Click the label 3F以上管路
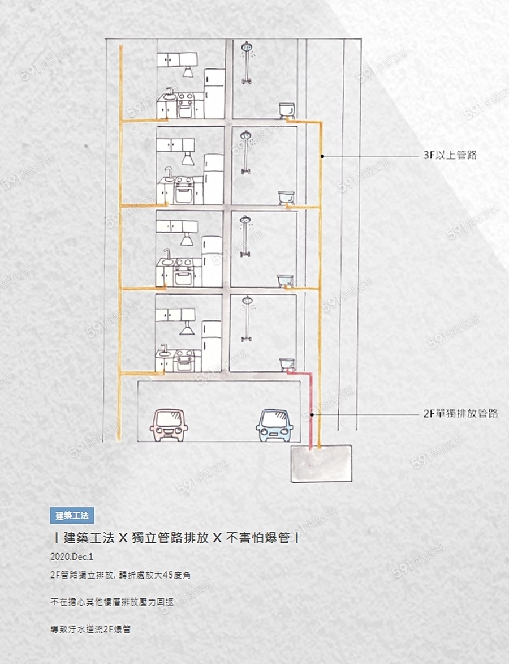coord(450,155)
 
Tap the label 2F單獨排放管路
coord(460,414)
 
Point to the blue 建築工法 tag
coord(72,515)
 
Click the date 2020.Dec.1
coord(71,556)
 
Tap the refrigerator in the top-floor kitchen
coord(214,93)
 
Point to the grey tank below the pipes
coord(321,463)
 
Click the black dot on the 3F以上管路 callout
coord(321,155)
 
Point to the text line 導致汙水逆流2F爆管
coord(90,629)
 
